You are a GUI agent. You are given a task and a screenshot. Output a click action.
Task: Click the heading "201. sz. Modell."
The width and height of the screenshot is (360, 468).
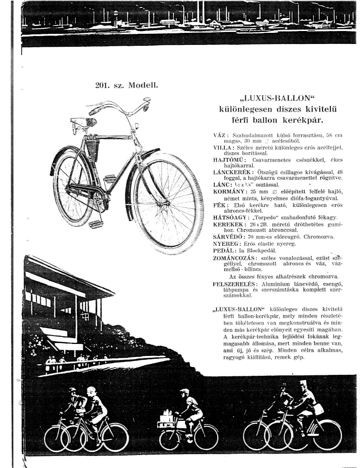click(x=126, y=85)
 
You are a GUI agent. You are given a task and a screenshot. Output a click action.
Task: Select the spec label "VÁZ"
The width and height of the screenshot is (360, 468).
click(x=218, y=135)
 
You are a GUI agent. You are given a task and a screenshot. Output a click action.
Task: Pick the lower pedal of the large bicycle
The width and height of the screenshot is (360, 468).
click(x=96, y=225)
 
